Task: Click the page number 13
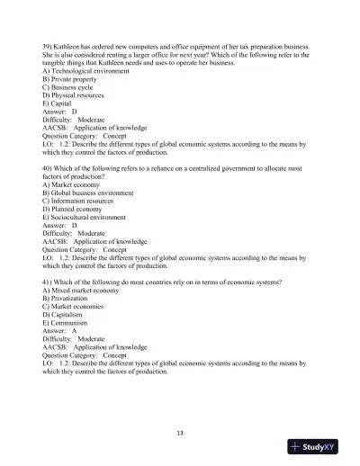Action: [180, 433]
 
